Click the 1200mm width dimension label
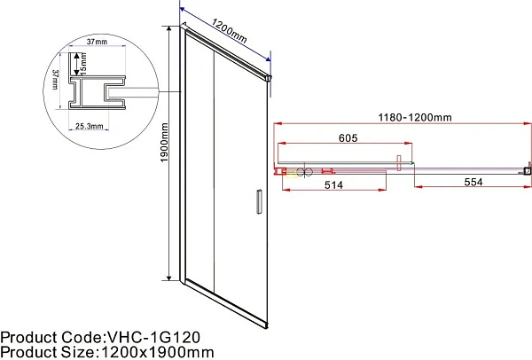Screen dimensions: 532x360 click(x=229, y=31)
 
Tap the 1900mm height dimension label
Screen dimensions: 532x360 click(x=164, y=143)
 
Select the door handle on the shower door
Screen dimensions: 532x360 click(x=259, y=201)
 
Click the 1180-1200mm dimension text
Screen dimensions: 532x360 click(x=415, y=117)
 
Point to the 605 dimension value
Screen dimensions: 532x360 click(x=348, y=137)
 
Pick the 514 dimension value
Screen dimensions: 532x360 click(x=333, y=185)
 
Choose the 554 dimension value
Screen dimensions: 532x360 click(x=473, y=182)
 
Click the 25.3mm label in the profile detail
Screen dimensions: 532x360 click(x=89, y=126)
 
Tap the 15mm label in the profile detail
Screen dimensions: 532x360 click(x=83, y=64)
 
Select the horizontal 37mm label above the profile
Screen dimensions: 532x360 click(x=97, y=42)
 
